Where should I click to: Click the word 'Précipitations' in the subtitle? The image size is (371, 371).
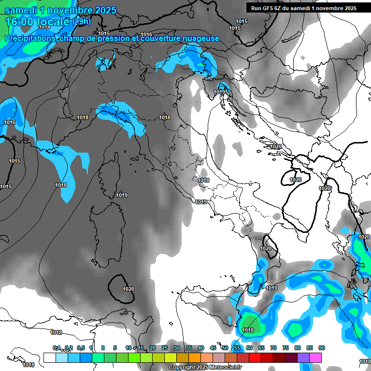pyautogui.click(x=29, y=38)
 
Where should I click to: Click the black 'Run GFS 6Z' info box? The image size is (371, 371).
pyautogui.click(x=302, y=8)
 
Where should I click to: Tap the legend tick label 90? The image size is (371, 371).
pyautogui.click(x=321, y=348)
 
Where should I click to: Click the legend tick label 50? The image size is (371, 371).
pyautogui.click(x=225, y=348)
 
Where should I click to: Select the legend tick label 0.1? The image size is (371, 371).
pyautogui.click(x=56, y=348)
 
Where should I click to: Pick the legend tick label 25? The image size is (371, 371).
pyautogui.click(x=164, y=348)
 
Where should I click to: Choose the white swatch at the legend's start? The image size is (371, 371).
pyautogui.click(x=49, y=357)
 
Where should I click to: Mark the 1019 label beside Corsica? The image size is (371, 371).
pyautogui.click(x=122, y=195)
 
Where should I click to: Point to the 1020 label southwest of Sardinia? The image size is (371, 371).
pyautogui.click(x=128, y=289)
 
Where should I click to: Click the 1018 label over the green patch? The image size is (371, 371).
pyautogui.click(x=248, y=330)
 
